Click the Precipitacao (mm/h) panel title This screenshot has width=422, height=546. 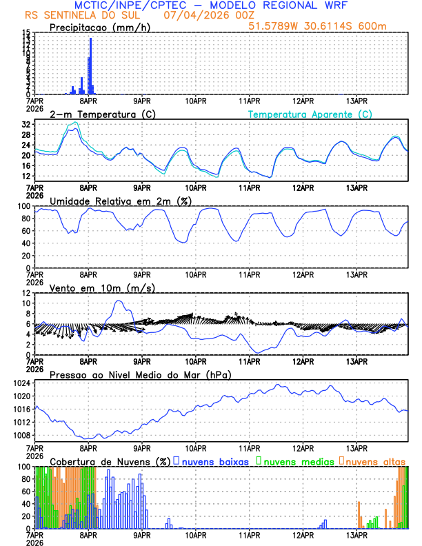[98, 27]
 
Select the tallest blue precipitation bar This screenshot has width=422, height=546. [90, 65]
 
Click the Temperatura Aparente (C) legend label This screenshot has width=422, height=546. [310, 114]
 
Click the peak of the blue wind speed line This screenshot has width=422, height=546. [119, 301]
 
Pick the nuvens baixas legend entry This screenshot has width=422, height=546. [214, 461]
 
